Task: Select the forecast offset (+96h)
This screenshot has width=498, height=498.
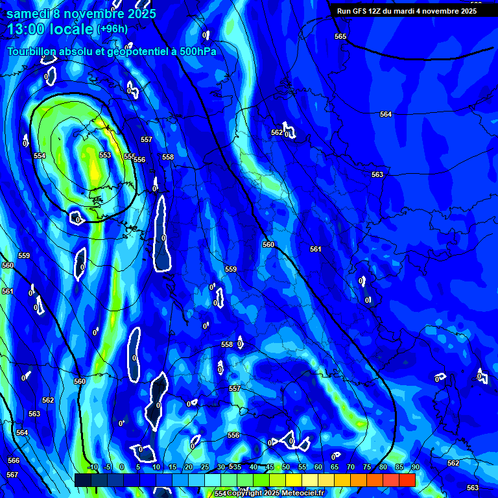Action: [112, 29]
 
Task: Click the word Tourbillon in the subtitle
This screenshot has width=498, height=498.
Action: [33, 51]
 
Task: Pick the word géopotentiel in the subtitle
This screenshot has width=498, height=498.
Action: [121, 52]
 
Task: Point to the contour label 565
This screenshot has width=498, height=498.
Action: [340, 37]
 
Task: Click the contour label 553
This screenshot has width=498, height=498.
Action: [105, 155]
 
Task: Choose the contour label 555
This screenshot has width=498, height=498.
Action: [130, 156]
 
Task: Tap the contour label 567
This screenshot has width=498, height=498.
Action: [12, 475]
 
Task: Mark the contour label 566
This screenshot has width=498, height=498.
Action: [14, 460]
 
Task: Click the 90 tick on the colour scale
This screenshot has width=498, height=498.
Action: [415, 467]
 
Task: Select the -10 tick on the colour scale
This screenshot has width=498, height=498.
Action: [93, 467]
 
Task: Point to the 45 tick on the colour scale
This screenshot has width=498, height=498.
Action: [269, 467]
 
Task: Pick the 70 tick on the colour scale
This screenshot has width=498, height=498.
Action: [350, 467]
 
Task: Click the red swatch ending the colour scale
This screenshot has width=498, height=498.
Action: [407, 480]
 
